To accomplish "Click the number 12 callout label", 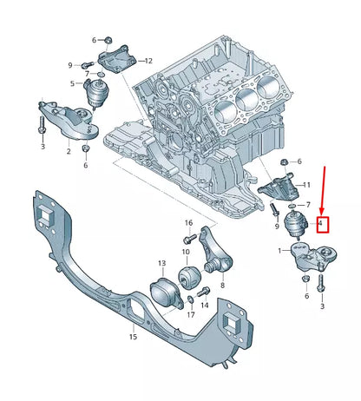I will coord(148,61).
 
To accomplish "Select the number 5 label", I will coord(72,83).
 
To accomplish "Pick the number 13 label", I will coord(161,262).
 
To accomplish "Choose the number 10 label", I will coord(185,252).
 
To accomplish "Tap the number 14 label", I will coord(204,306).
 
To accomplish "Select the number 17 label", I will coord(190,315).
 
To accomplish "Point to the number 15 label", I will coord(133,336).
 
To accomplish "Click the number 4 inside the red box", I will coord(321,224).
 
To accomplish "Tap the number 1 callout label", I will coord(279,251).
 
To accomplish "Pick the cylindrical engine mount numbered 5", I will coord(89,94).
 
